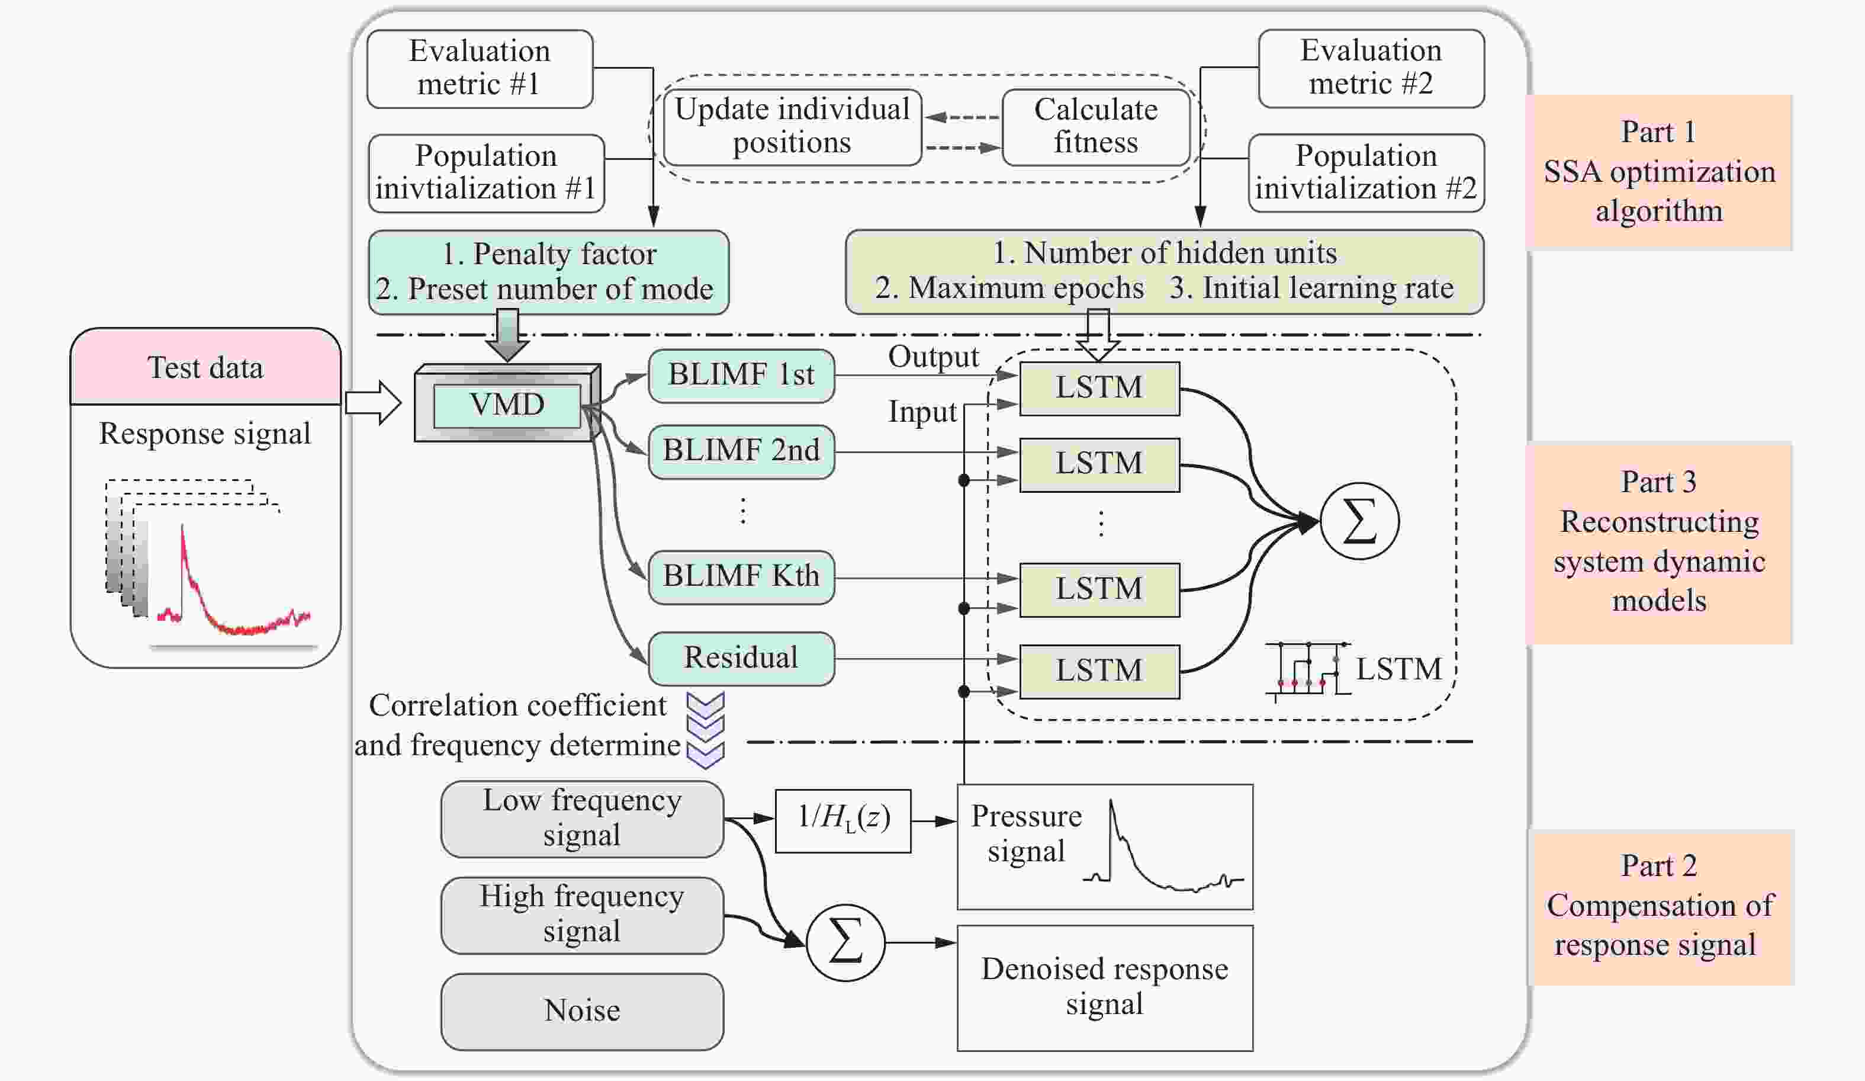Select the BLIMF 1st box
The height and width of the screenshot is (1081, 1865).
[741, 376]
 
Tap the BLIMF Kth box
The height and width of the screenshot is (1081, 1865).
[741, 576]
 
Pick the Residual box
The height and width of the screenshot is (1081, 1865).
[741, 657]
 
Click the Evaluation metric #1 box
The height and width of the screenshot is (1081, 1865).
[480, 68]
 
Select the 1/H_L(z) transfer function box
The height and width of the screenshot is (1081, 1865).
[843, 820]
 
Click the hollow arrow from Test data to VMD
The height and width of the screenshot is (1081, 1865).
[373, 403]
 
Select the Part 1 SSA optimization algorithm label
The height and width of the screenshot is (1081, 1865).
[1658, 172]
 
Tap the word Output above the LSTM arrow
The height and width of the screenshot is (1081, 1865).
[932, 357]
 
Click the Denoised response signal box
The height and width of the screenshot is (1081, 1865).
[1104, 987]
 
